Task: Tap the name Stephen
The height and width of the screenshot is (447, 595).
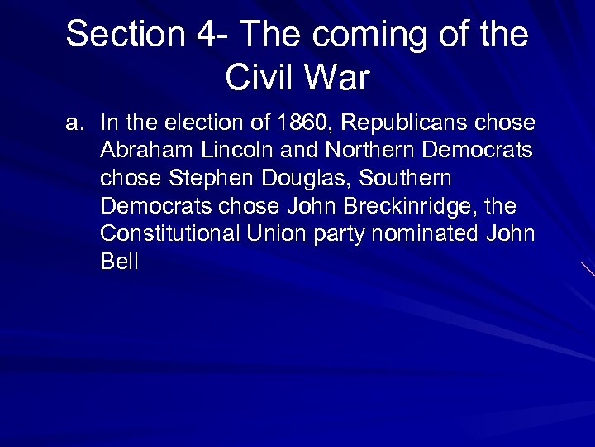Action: (x=203, y=180)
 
